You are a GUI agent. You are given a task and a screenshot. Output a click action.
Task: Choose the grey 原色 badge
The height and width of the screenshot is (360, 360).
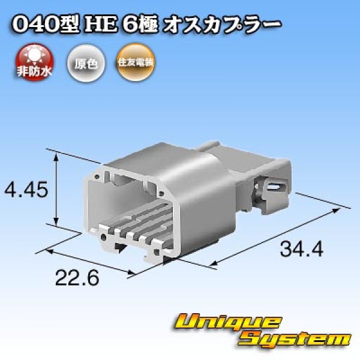click(85, 61)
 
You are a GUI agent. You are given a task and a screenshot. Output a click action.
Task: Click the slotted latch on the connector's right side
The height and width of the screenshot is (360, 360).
click(274, 187)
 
